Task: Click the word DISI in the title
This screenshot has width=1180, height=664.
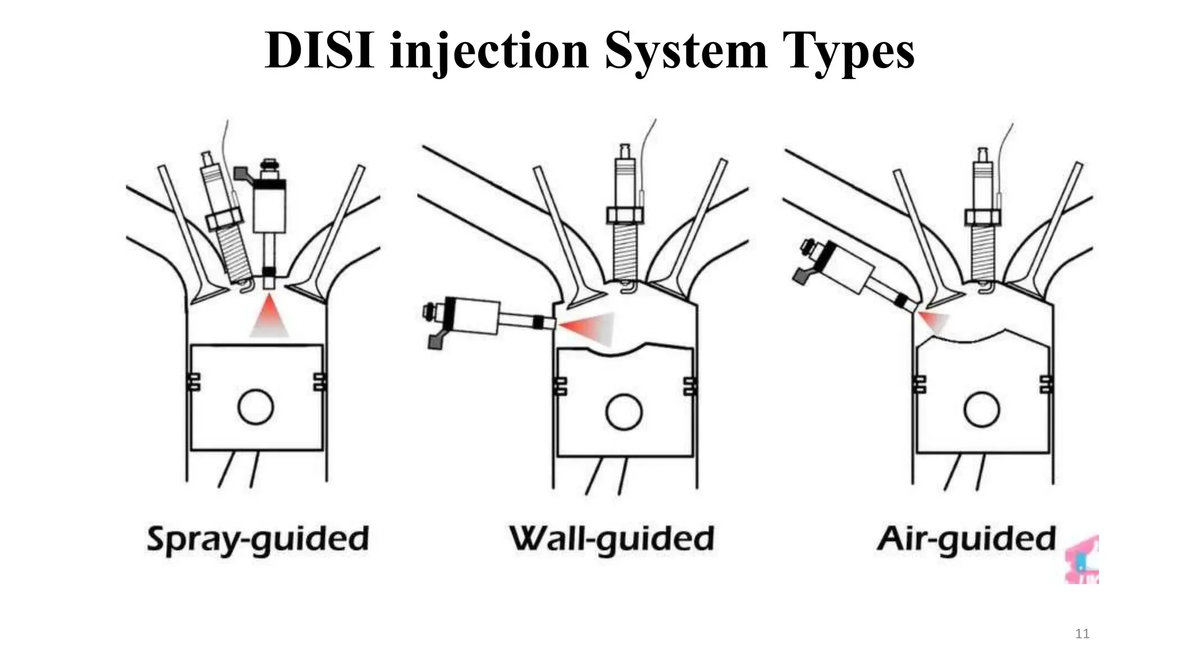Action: (x=320, y=51)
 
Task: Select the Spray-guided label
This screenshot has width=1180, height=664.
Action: (x=258, y=539)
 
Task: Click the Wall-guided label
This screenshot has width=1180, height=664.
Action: (x=611, y=539)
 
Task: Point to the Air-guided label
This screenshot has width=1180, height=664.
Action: (x=966, y=539)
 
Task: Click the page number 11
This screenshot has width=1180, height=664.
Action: (x=1082, y=634)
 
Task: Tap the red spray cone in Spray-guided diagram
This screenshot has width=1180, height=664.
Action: (x=269, y=317)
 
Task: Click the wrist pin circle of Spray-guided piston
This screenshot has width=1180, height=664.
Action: (x=255, y=407)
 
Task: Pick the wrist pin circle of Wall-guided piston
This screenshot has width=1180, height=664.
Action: (x=623, y=412)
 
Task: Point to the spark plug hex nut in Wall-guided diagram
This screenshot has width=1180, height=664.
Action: (x=625, y=215)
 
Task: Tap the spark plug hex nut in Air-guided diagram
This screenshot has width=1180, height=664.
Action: (x=983, y=217)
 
